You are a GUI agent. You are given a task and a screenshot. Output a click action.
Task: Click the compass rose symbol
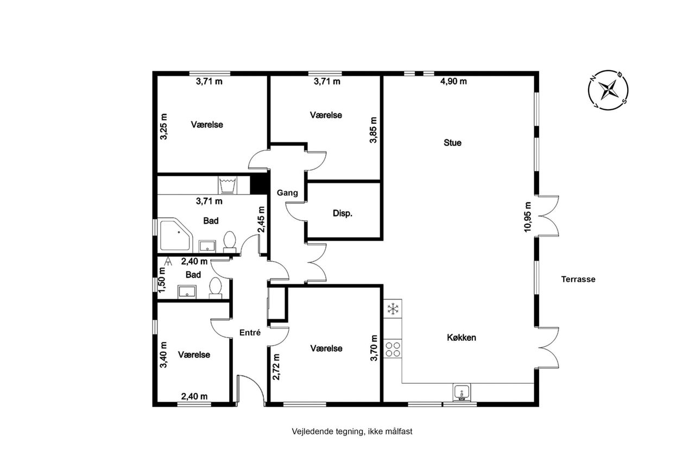[608, 90]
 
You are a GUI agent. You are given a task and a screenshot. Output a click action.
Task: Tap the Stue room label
[452, 143]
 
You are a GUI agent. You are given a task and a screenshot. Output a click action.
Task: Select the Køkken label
[462, 338]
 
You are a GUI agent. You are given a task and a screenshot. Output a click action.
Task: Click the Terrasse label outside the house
[578, 279]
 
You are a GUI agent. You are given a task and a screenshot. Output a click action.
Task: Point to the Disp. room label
[343, 213]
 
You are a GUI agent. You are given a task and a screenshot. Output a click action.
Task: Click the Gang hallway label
[287, 193]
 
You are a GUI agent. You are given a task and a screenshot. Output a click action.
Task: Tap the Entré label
[250, 333]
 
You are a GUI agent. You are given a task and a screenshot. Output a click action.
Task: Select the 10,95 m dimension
[527, 217]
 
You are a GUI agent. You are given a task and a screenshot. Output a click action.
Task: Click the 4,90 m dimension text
[453, 81]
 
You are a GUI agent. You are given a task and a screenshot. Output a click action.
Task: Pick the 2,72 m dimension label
[276, 367]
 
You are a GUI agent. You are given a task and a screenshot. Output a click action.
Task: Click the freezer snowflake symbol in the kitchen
[393, 309]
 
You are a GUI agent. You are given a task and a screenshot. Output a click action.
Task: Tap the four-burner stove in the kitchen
[393, 349]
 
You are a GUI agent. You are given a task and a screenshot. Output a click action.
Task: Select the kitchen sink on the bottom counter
[462, 392]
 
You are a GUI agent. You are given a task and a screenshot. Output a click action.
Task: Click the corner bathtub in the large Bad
[175, 234]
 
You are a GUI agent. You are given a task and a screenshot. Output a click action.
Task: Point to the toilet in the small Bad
[216, 288]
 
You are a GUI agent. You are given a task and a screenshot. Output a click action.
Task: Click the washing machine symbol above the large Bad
[228, 185]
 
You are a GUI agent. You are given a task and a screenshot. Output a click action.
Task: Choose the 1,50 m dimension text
[162, 280]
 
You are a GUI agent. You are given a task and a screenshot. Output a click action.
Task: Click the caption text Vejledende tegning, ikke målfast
[352, 432]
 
